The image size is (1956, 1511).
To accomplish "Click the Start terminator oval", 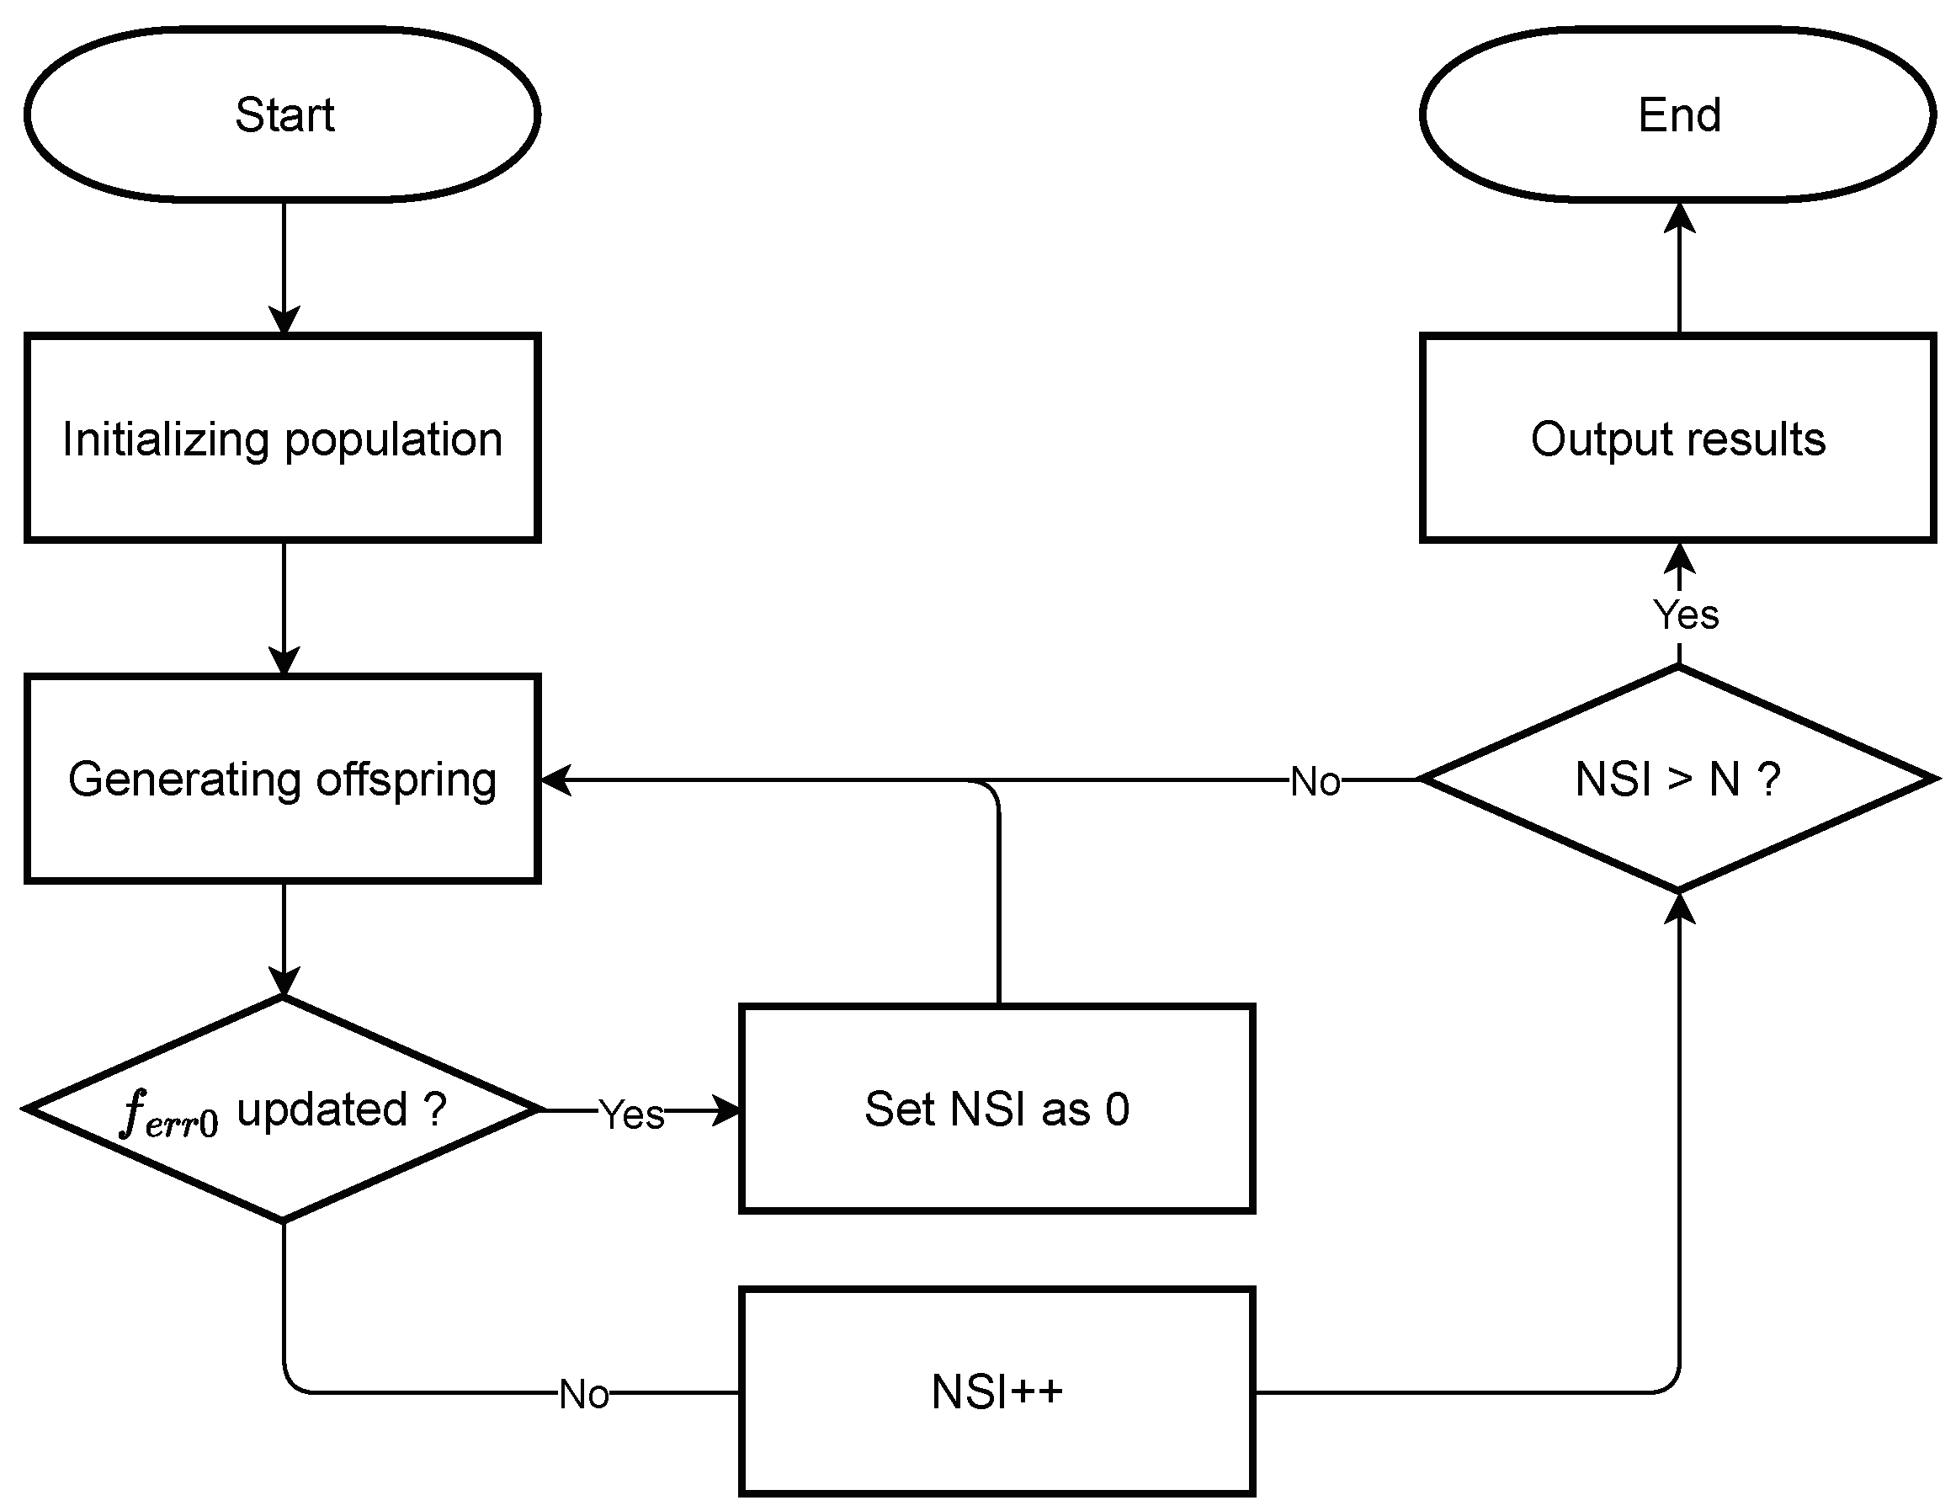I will pyautogui.click(x=282, y=114).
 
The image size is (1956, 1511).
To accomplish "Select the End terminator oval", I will pyautogui.click(x=1677, y=114).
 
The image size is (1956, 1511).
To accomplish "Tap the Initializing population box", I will pyautogui.click(x=282, y=438).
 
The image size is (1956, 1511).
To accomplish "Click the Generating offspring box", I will pyautogui.click(x=282, y=779).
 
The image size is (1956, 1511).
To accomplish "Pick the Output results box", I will pyautogui.click(x=1677, y=438).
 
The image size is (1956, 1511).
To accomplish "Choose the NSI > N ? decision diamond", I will pyautogui.click(x=1677, y=779).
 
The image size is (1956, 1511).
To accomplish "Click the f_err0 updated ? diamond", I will pyautogui.click(x=282, y=1109).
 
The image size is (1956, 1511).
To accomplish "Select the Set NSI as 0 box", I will pyautogui.click(x=996, y=1109).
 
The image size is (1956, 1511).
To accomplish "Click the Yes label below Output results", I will pyautogui.click(x=1686, y=615).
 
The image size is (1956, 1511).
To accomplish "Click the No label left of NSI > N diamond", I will pyautogui.click(x=1315, y=782).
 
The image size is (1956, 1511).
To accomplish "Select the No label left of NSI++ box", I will pyautogui.click(x=584, y=1395).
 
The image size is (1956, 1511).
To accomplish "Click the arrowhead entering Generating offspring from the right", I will pyautogui.click(x=557, y=780).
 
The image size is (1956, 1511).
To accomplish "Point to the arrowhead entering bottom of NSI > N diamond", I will pyautogui.click(x=1679, y=907).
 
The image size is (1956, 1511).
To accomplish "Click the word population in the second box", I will pyautogui.click(x=393, y=439).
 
